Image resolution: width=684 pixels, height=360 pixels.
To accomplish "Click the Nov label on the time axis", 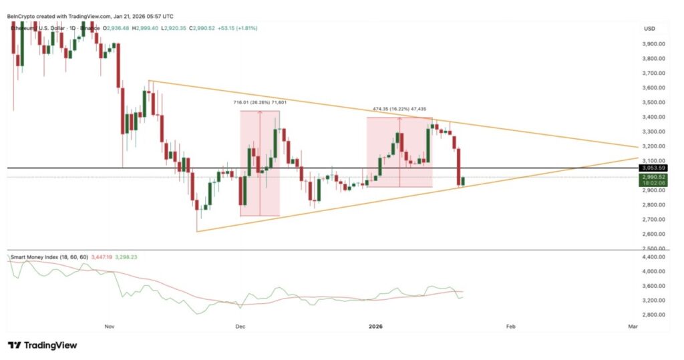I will tap(110, 327).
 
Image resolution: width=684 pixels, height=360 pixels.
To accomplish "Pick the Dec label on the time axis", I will tap(240, 327).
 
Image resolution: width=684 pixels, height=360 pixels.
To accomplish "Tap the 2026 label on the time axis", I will tap(375, 327).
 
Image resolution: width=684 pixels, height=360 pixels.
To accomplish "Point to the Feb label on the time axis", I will tap(511, 327).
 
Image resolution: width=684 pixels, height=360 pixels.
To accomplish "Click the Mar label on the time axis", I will tap(633, 327).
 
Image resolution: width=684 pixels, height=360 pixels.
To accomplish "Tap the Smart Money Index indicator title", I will tap(46, 256).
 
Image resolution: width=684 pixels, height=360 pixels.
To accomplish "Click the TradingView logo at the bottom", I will tap(42, 345).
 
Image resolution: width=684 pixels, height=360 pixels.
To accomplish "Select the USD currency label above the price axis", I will tap(649, 29).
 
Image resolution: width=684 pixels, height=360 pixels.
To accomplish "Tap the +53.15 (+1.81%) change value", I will tap(233, 28).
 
